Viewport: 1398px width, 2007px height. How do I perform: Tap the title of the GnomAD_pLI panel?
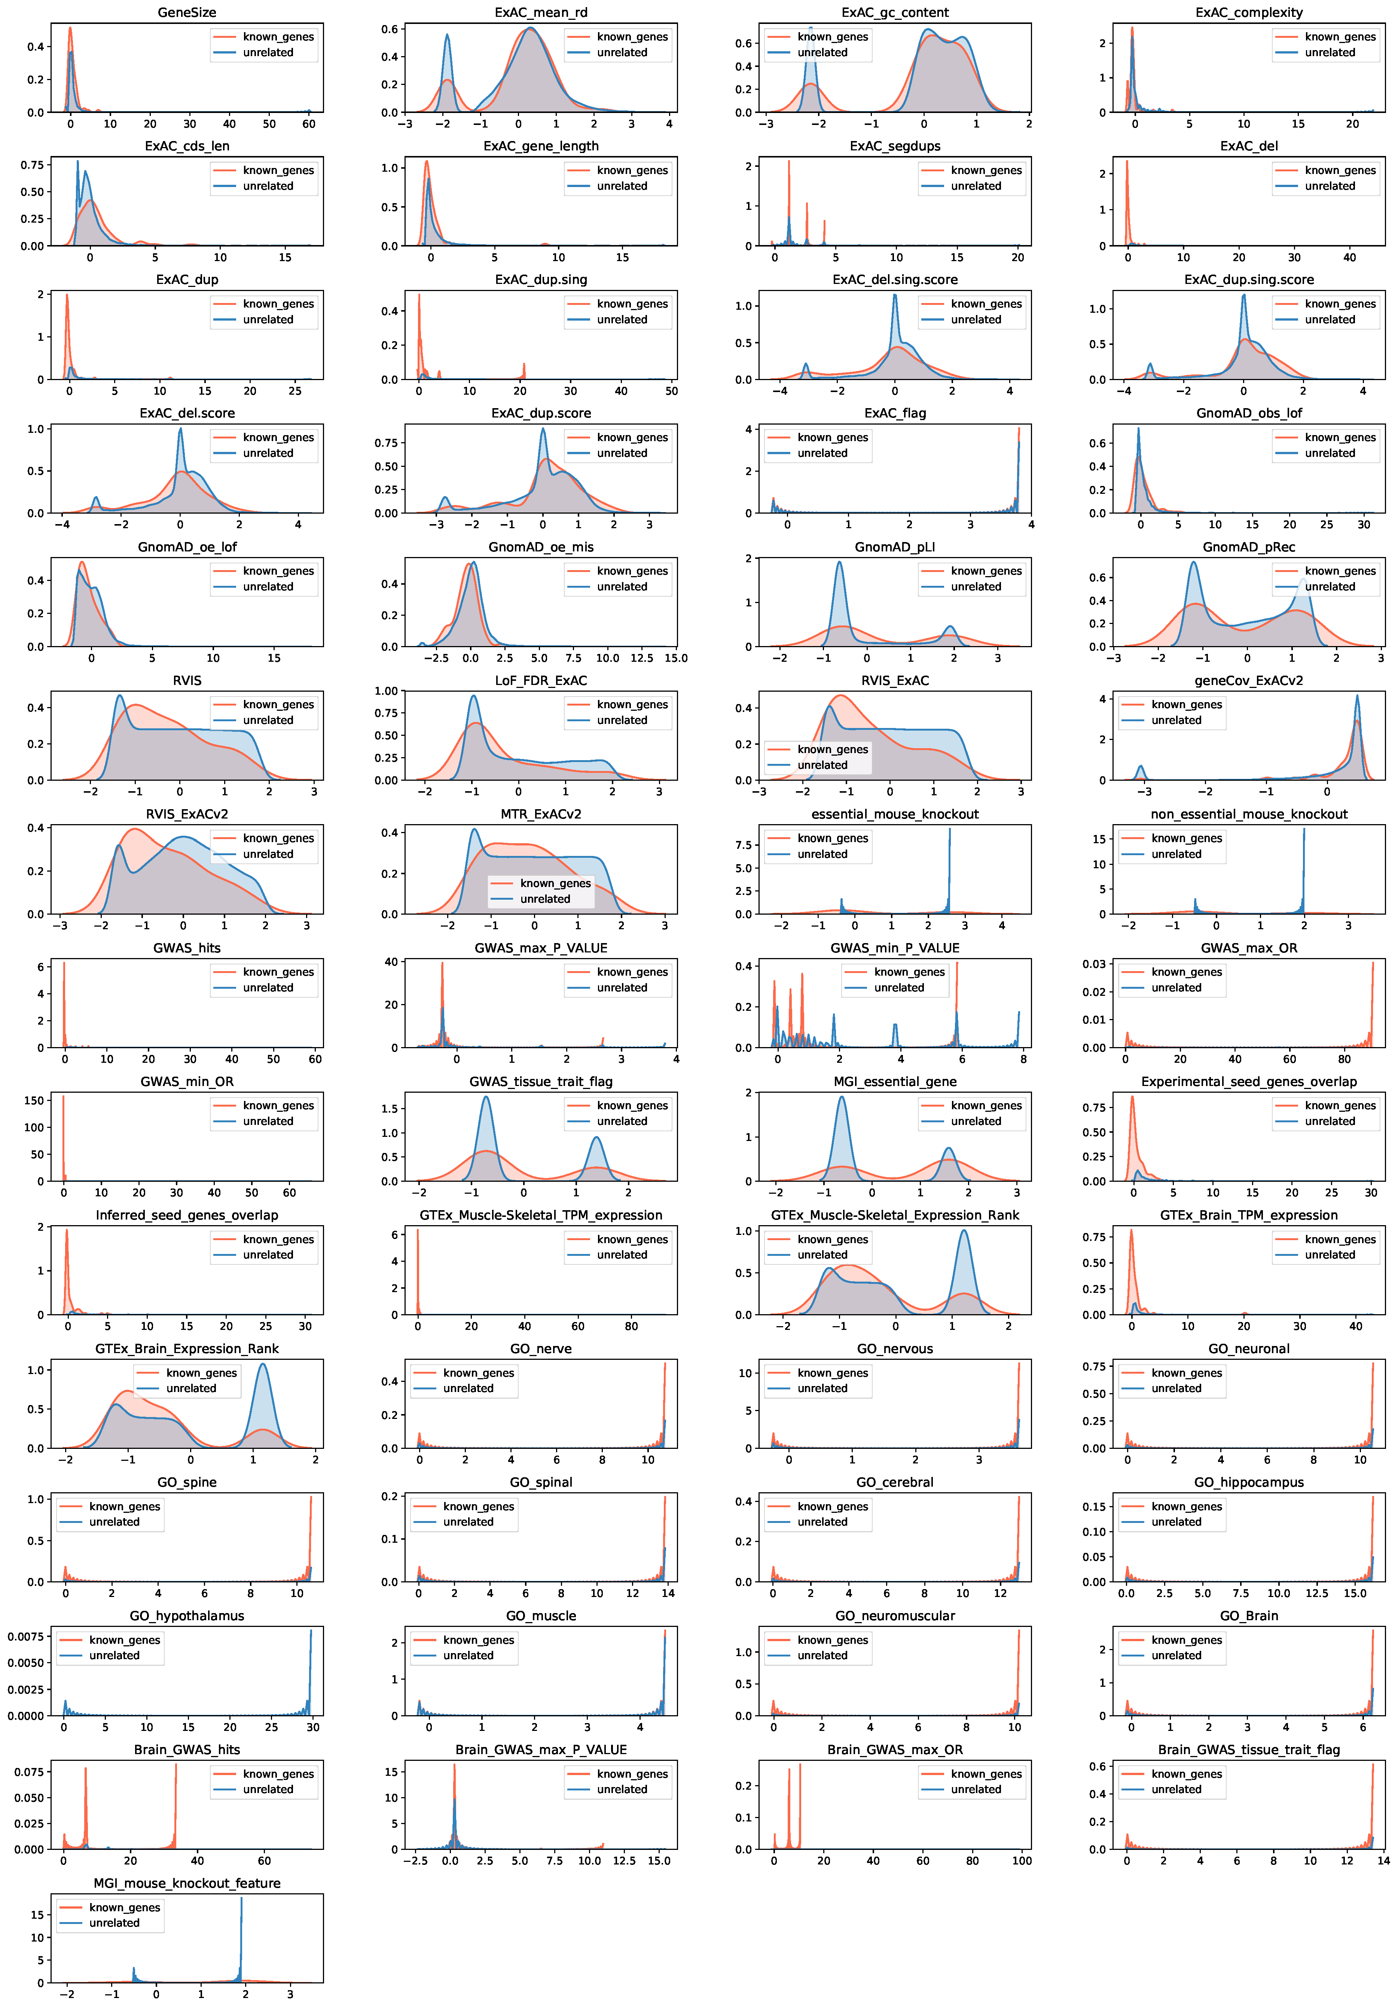pyautogui.click(x=894, y=547)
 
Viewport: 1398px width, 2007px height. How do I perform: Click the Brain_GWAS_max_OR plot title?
pyautogui.click(x=894, y=1749)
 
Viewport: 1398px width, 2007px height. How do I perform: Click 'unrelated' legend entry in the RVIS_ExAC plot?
pyautogui.click(x=822, y=765)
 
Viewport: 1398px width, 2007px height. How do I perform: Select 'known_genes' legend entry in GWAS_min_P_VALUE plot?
pyautogui.click(x=909, y=972)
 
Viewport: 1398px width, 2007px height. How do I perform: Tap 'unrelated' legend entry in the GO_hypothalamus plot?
pyautogui.click(x=114, y=1656)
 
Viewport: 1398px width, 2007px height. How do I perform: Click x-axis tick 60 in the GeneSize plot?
pyautogui.click(x=309, y=124)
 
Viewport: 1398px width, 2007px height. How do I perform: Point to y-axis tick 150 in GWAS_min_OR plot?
pyautogui.click(x=33, y=1101)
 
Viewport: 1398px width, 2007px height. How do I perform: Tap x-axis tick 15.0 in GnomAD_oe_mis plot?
pyautogui.click(x=676, y=658)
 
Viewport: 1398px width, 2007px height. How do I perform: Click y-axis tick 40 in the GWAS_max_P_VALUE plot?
pyautogui.click(x=391, y=961)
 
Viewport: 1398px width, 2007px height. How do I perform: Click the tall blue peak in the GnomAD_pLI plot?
pyautogui.click(x=839, y=564)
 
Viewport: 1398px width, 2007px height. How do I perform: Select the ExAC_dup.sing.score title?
pyautogui.click(x=1248, y=280)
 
